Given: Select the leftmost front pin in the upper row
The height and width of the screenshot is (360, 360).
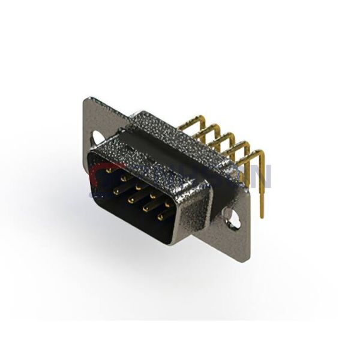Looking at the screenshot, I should point(108,170).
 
